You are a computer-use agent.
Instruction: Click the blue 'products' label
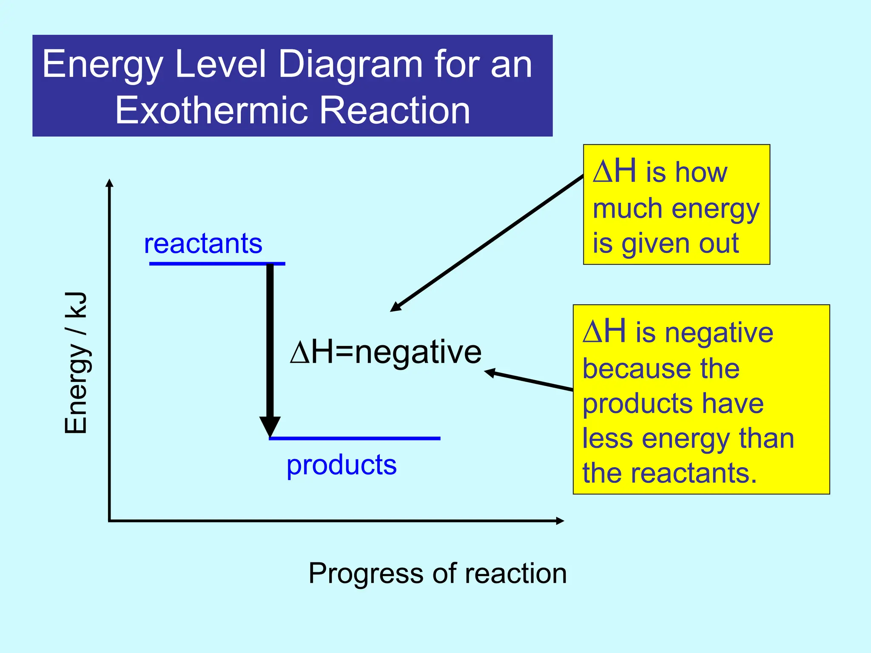pyautogui.click(x=342, y=465)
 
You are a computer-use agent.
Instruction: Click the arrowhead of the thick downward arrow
pyautogui.click(x=270, y=426)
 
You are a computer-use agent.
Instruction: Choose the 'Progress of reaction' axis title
pyautogui.click(x=437, y=573)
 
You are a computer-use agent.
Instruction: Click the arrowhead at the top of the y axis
pyautogui.click(x=109, y=183)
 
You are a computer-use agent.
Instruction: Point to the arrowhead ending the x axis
pyautogui.click(x=560, y=521)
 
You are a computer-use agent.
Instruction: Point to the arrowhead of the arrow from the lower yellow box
pyautogui.click(x=489, y=373)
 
